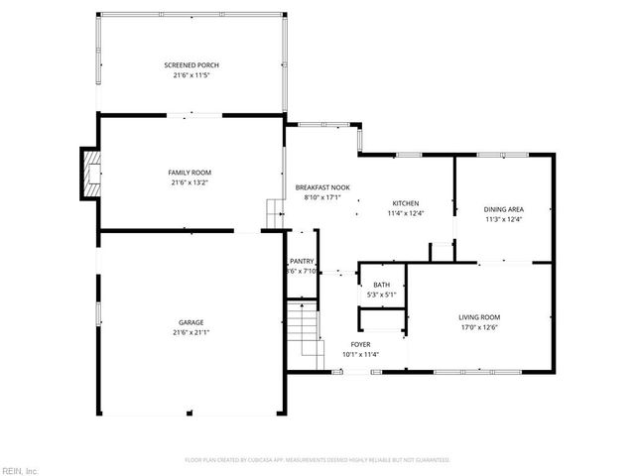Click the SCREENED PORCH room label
190,65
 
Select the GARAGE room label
190,322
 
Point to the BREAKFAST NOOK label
322,187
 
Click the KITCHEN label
405,203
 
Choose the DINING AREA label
503,209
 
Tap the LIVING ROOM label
479,316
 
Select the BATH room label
382,285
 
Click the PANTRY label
302,262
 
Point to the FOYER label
361,344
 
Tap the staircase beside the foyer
307,333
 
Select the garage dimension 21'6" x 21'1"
190,332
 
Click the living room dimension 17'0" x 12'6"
479,326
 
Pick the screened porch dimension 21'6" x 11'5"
190,75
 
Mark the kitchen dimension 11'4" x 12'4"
405,213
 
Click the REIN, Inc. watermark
19,469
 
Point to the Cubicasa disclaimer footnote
317,459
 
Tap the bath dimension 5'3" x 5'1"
382,295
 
